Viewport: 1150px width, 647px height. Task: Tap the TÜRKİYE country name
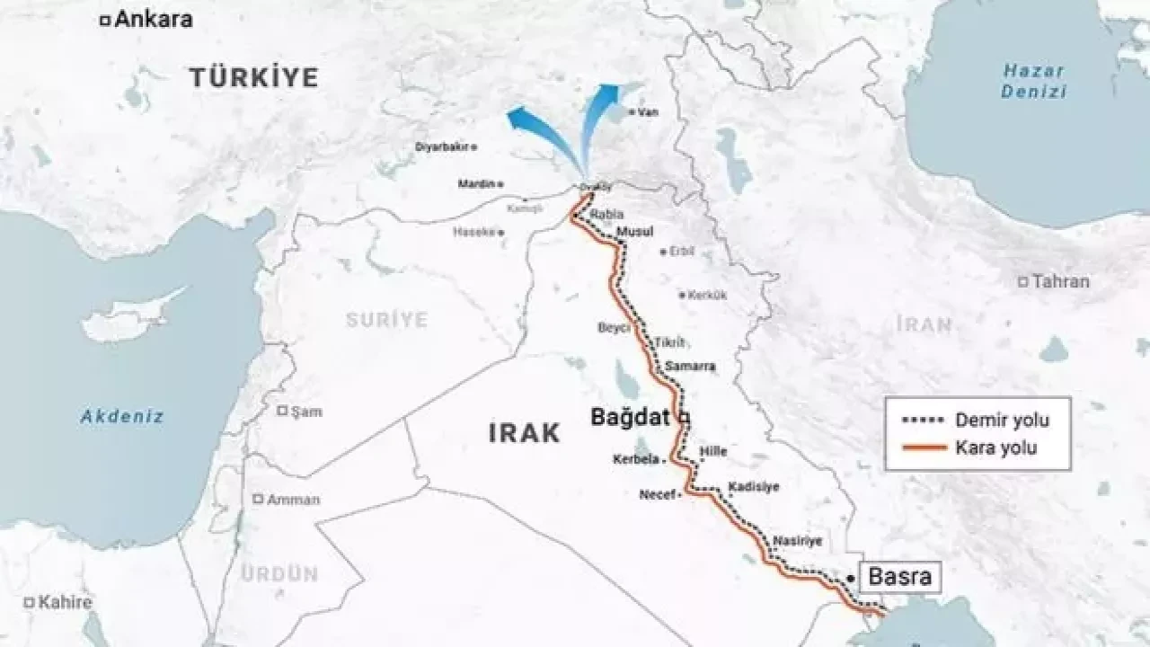click(x=254, y=78)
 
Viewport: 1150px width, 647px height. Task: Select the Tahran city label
click(x=1060, y=282)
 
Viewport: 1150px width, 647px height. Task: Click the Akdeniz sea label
click(x=121, y=416)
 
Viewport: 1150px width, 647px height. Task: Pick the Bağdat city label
click(x=632, y=418)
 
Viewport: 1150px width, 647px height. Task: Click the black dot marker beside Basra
click(x=850, y=577)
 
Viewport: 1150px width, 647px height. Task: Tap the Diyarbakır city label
click(x=444, y=146)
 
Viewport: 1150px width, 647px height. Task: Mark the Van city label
click(x=647, y=112)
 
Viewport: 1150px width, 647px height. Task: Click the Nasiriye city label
click(x=797, y=541)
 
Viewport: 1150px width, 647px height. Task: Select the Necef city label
click(x=656, y=495)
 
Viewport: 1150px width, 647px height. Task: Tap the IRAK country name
click(x=524, y=434)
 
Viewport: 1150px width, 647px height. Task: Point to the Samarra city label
click(x=690, y=367)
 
